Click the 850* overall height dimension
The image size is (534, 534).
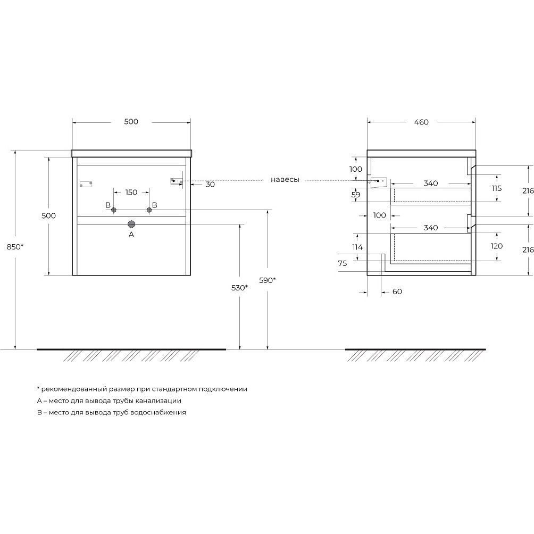[15, 247]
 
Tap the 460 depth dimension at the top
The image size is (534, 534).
[421, 122]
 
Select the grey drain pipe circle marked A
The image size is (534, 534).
[131, 224]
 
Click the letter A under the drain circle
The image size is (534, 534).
[131, 235]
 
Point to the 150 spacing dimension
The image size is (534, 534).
[131, 193]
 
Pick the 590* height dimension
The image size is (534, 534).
[268, 280]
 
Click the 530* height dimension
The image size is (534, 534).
[239, 288]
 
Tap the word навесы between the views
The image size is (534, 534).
[285, 180]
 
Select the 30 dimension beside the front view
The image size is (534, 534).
[211, 184]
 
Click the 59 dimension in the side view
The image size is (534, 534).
[356, 195]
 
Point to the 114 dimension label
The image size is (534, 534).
[357, 247]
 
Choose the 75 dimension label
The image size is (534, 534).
[343, 263]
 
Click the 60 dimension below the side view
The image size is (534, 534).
[397, 291]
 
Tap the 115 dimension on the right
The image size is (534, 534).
[497, 188]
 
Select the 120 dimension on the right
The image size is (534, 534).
[497, 246]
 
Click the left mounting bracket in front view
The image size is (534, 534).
[86, 184]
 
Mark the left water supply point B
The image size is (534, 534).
[114, 210]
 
